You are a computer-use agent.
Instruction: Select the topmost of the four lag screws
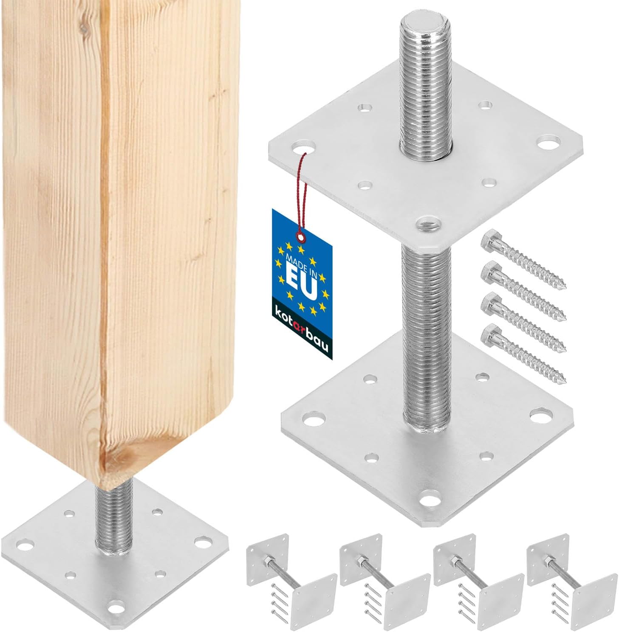click(523, 258)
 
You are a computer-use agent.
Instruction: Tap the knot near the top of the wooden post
click(84, 29)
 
